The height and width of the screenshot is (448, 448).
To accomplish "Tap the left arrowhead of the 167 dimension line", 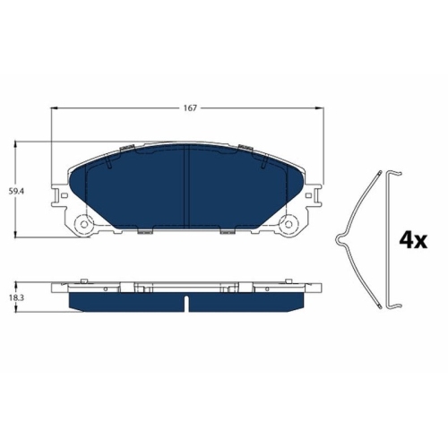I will tap(56, 109).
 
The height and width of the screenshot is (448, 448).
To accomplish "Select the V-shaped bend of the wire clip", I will tap(339, 238).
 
